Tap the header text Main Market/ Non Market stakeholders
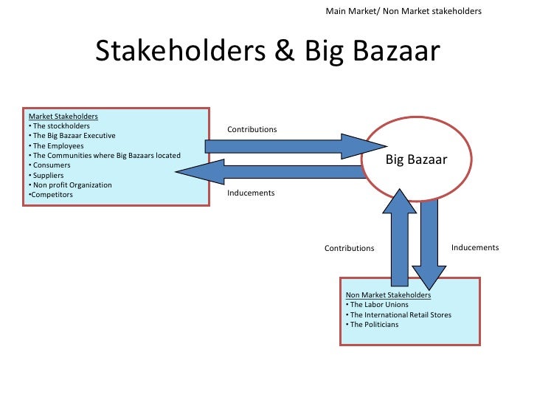403,12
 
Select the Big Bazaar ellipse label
417,159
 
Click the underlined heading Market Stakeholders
63,116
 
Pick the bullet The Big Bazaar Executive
73,136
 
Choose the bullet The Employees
57,145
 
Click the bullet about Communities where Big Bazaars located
104,155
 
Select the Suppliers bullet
48,175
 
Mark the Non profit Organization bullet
70,185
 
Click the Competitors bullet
51,195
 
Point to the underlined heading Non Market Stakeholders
388,295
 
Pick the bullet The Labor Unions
377,305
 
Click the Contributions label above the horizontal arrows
252,129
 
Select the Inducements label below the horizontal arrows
251,193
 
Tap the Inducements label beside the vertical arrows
475,247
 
